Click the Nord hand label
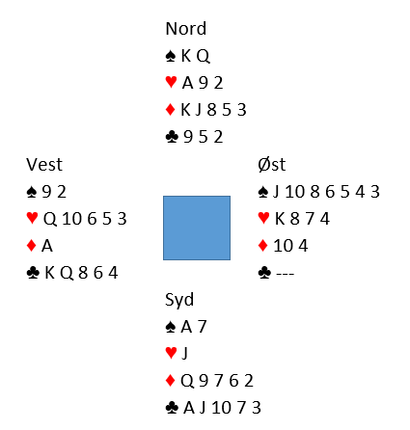185,29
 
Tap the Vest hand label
44,165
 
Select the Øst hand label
271,165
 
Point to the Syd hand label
179,300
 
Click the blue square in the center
197,228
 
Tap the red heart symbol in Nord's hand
171,82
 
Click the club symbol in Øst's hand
264,273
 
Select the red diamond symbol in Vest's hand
31,246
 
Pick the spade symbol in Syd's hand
171,327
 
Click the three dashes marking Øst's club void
285,274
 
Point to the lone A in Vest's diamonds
47,246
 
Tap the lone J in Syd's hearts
184,354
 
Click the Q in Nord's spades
203,57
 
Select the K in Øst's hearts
280,219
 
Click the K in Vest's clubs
50,273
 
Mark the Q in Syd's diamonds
187,381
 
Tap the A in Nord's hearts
188,83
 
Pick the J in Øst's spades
276,192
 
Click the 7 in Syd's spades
202,327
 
